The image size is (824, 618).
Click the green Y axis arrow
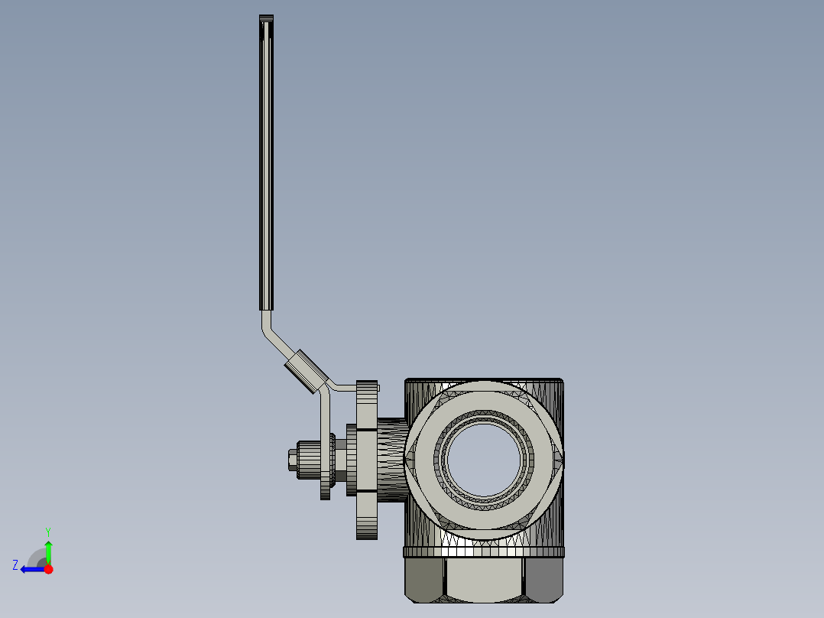[x=48, y=549]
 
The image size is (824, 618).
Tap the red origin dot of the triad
[x=48, y=569]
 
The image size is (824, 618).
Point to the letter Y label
[x=47, y=531]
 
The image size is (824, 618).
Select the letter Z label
[x=15, y=565]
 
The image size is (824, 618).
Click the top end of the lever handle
[x=266, y=19]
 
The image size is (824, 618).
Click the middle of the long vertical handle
[x=266, y=168]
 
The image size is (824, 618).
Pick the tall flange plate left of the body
[x=367, y=459]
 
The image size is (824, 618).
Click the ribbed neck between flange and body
[x=391, y=460]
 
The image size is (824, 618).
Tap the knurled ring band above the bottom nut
[x=483, y=552]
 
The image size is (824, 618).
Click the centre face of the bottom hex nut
[x=485, y=579]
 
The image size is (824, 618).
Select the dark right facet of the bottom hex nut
[x=544, y=579]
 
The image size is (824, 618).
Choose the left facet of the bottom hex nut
[x=424, y=579]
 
